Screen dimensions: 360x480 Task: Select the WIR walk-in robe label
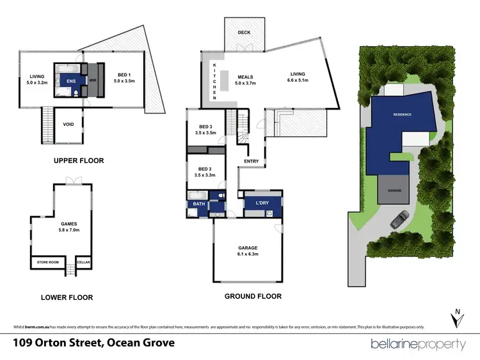coord(92,81)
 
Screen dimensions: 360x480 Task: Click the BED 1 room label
coord(122,78)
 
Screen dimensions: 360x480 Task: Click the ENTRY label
coord(251,161)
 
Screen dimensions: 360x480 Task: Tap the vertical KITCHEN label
coord(214,81)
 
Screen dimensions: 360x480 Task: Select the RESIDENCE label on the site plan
coord(401,115)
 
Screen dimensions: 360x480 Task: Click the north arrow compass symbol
coord(455,318)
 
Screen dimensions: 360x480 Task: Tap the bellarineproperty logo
coord(419,344)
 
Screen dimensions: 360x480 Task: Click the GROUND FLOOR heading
coord(253,296)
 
